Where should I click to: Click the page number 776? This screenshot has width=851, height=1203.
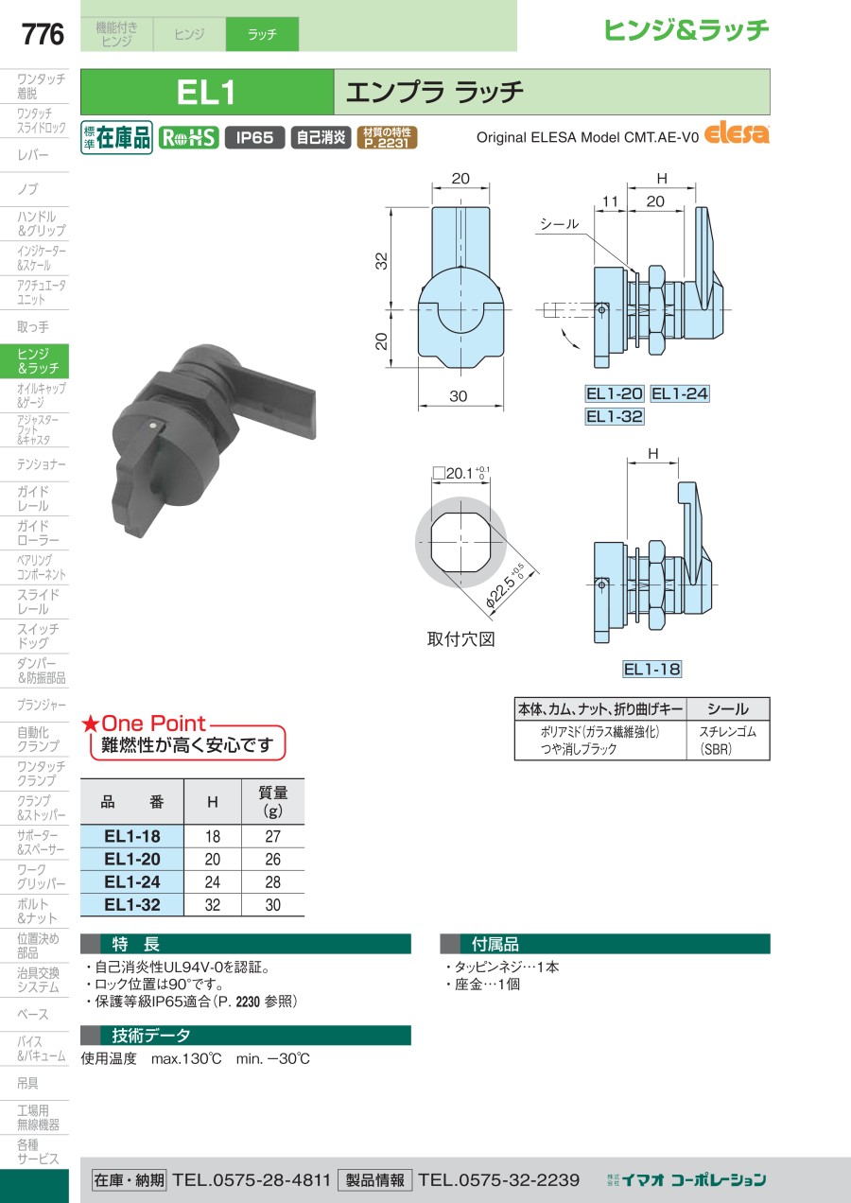43,34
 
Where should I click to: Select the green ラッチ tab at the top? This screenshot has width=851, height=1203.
262,34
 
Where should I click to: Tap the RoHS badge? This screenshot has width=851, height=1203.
188,137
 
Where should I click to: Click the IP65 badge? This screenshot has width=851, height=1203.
255,137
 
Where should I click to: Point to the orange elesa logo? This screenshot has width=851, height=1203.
737,133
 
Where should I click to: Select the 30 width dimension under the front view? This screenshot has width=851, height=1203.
458,396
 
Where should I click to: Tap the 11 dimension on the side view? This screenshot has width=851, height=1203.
610,201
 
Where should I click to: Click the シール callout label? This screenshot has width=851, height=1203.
559,224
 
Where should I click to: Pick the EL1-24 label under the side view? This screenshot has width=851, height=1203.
679,393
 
